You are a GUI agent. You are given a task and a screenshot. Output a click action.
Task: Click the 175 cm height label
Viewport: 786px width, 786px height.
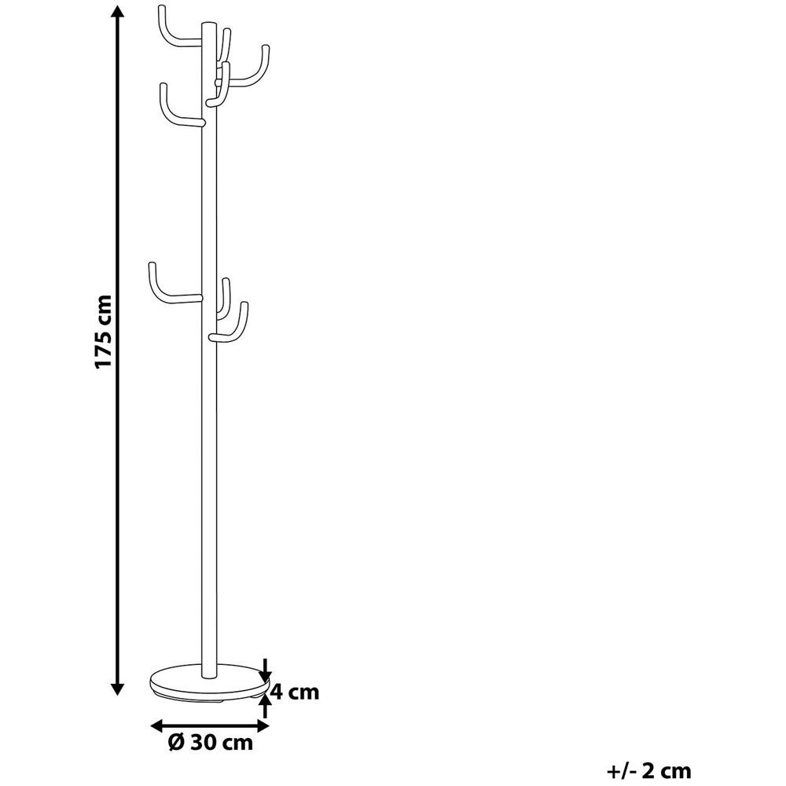click(x=104, y=332)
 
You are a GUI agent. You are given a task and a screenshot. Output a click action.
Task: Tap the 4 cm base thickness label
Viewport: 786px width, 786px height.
click(x=295, y=692)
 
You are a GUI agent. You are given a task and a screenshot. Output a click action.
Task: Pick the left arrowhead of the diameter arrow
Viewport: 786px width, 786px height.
click(x=159, y=725)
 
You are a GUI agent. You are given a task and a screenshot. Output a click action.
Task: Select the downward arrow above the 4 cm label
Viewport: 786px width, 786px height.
click(x=266, y=669)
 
